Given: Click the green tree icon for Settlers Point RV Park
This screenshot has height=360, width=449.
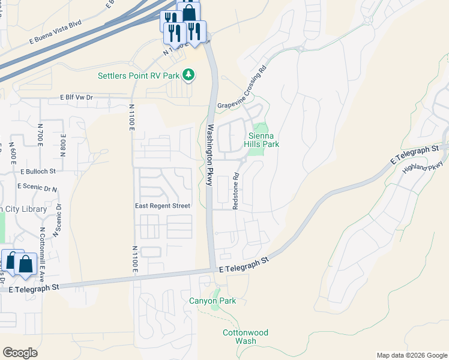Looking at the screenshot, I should (189, 75).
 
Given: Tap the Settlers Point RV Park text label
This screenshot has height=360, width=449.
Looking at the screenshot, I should (139, 76).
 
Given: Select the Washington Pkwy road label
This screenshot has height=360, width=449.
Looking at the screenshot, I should (210, 155).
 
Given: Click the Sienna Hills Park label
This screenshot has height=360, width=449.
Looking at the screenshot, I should (261, 140).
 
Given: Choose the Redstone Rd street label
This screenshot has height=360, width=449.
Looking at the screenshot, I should (236, 191).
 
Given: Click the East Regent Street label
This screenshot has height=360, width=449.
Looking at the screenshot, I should (162, 206).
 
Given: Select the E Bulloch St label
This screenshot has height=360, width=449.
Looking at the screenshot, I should (37, 171).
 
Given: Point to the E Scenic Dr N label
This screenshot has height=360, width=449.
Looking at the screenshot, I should (37, 187).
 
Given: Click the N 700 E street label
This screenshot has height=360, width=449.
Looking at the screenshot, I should (41, 136).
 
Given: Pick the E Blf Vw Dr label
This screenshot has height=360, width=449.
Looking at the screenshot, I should (76, 97).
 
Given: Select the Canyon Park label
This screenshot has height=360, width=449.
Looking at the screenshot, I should (212, 301).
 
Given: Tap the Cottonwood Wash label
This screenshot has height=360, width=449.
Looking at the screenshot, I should (246, 337).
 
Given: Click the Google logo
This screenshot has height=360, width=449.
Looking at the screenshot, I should (19, 353).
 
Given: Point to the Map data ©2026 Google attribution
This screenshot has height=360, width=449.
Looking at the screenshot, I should (411, 355).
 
